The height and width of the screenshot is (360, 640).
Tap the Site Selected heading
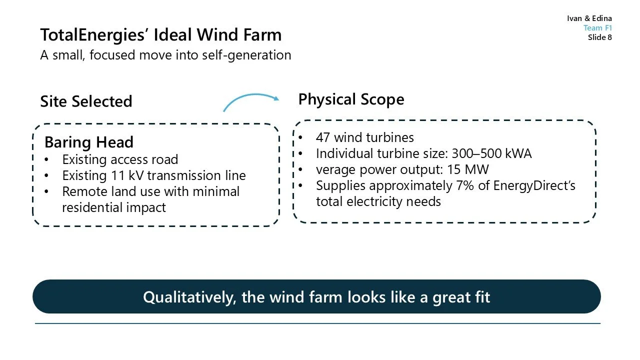point(86,101)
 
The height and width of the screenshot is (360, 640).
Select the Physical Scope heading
point(351,99)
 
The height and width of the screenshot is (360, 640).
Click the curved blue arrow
point(250,100)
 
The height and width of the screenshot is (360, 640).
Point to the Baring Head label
point(89,142)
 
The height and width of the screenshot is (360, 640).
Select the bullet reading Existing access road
point(120,160)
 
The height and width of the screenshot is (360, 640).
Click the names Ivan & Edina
point(589,18)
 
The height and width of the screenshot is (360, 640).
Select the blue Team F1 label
point(597,28)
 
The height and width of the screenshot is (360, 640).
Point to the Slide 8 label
point(599,37)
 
